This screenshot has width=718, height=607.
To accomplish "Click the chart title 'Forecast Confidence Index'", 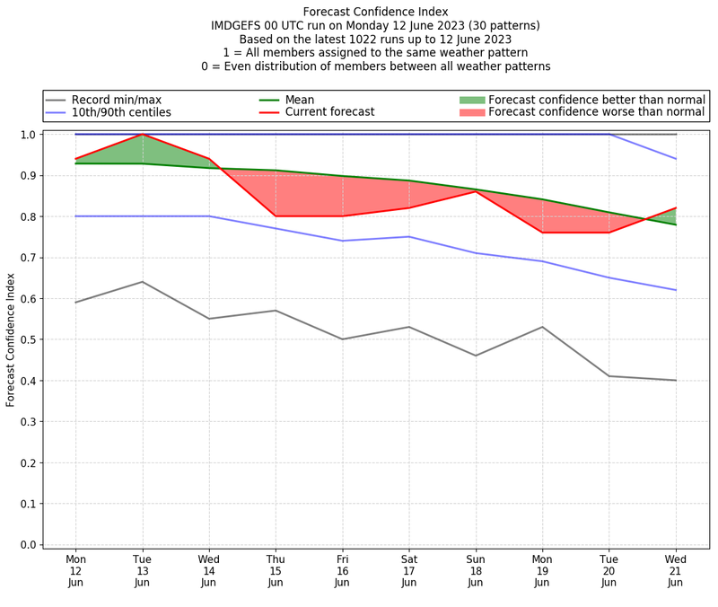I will pyautogui.click(x=375, y=12).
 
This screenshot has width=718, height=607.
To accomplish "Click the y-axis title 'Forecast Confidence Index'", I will pyautogui.click(x=12, y=339).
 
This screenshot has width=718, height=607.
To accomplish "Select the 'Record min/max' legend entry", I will pyautogui.click(x=117, y=100).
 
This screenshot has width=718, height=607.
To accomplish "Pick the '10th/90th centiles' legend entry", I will pyautogui.click(x=121, y=112).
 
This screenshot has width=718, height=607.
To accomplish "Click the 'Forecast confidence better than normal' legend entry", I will pyautogui.click(x=597, y=100).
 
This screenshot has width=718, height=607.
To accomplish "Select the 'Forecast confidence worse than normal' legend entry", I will pyautogui.click(x=597, y=112).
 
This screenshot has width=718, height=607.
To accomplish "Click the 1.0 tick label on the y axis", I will pyautogui.click(x=28, y=135).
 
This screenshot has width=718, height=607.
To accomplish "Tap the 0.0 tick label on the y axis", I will pyautogui.click(x=28, y=545).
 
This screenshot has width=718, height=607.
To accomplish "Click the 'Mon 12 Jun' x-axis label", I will pyautogui.click(x=75, y=570).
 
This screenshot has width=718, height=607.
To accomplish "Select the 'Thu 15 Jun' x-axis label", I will pyautogui.click(x=276, y=570).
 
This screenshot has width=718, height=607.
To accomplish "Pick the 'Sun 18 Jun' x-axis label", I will pyautogui.click(x=476, y=570).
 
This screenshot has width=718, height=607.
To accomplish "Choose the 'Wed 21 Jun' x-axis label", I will pyautogui.click(x=676, y=570).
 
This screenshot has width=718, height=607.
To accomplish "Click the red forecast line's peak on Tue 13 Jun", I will pyautogui.click(x=142, y=135).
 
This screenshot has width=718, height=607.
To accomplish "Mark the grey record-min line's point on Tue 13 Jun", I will pyautogui.click(x=142, y=282).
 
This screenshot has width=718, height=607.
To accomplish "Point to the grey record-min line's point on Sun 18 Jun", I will pyautogui.click(x=476, y=356).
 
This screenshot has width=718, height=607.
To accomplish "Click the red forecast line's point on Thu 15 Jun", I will pyautogui.click(x=276, y=216).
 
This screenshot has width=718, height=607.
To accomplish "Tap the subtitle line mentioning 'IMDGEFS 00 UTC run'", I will pyautogui.click(x=375, y=26).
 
